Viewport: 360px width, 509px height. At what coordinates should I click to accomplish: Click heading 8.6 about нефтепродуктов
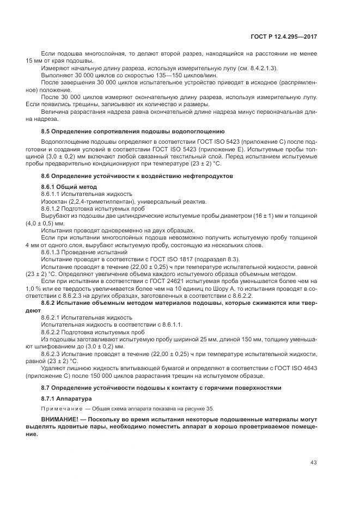point(137,176)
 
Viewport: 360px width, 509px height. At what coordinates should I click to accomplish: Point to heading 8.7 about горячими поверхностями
point(161,388)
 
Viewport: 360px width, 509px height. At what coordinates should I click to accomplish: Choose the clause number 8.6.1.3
point(52,252)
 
